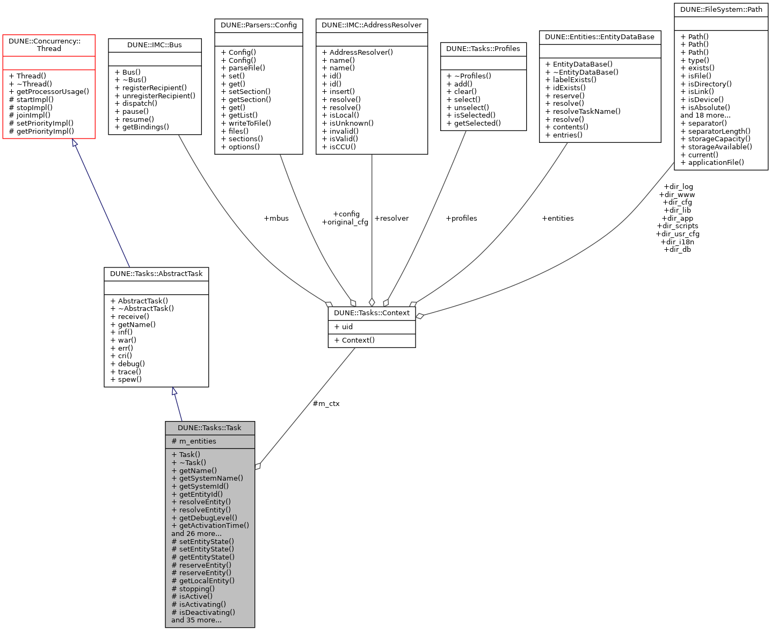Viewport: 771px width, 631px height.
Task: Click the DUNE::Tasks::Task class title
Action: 209,428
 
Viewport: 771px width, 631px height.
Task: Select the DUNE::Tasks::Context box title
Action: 372,313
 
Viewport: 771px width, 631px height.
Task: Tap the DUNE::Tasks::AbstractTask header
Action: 156,274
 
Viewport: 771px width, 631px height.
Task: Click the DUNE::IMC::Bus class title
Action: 155,45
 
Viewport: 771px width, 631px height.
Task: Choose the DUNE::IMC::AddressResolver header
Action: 372,25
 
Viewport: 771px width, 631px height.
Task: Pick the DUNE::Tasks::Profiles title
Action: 483,49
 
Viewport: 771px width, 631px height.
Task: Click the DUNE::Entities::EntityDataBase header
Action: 600,37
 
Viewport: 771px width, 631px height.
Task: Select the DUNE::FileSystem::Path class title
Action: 721,10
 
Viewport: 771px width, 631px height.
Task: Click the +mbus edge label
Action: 276,219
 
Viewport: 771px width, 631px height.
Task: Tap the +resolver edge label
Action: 391,219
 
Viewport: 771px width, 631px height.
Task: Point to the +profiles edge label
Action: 461,219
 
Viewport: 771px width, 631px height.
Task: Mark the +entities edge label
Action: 558,219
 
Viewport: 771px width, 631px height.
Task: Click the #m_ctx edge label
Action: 326,404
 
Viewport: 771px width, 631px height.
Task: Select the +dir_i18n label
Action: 678,242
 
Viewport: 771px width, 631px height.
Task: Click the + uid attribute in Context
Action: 344,327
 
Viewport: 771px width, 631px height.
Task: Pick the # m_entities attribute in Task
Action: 194,441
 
